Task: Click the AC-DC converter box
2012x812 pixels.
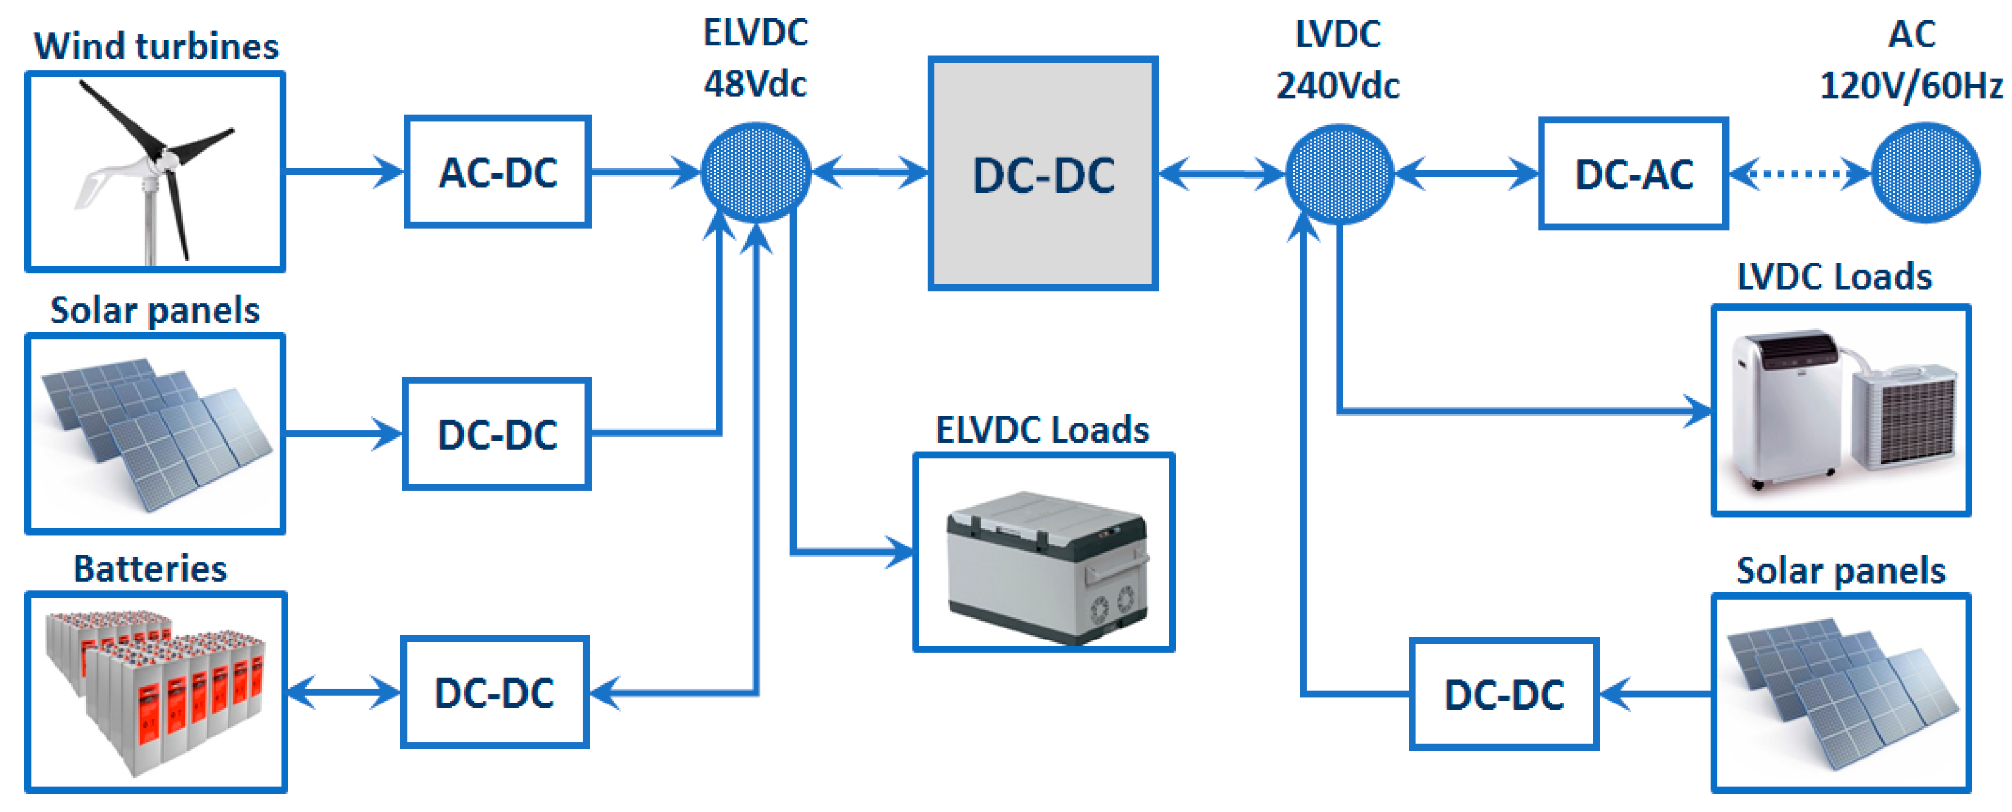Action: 497,172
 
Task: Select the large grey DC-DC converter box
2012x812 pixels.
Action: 1042,173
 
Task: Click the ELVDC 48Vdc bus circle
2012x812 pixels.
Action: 755,173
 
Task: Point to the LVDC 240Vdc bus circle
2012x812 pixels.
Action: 1339,174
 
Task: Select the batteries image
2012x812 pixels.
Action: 156,693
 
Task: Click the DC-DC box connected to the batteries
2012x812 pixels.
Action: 495,693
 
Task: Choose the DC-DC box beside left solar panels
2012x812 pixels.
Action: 497,434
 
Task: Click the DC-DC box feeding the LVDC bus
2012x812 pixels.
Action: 1504,694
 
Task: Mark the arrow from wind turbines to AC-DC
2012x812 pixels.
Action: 344,171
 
